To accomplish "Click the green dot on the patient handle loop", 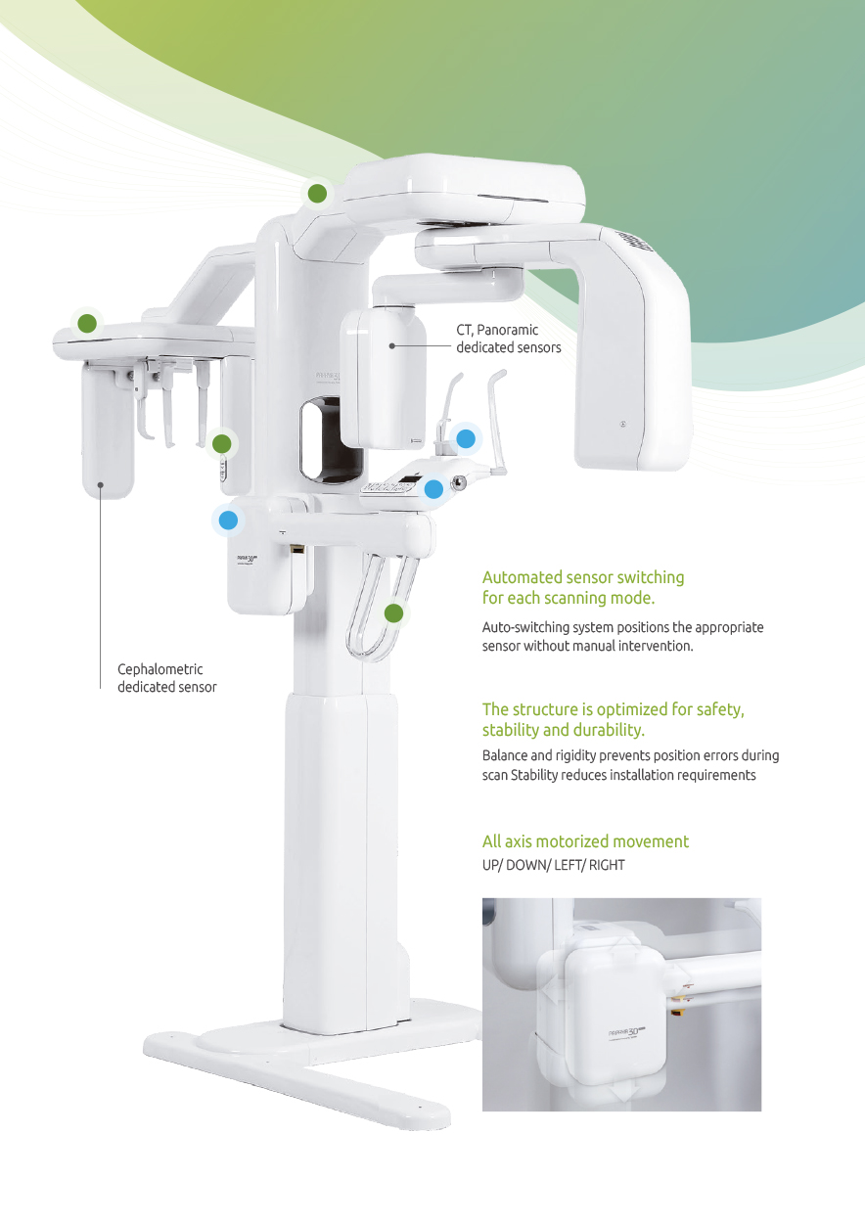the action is click(393, 613).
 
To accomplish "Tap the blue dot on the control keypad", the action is click(433, 489).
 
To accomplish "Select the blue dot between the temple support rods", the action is click(466, 439).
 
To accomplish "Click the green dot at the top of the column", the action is click(317, 193).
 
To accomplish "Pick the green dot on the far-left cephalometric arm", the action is click(87, 323).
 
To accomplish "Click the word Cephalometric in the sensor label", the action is click(160, 669).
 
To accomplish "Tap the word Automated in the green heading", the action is click(521, 577).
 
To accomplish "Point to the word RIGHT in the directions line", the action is click(607, 865).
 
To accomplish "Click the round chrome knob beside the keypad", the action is click(460, 482).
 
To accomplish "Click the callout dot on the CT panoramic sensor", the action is click(391, 346).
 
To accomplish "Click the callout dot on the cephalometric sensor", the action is click(101, 485).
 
